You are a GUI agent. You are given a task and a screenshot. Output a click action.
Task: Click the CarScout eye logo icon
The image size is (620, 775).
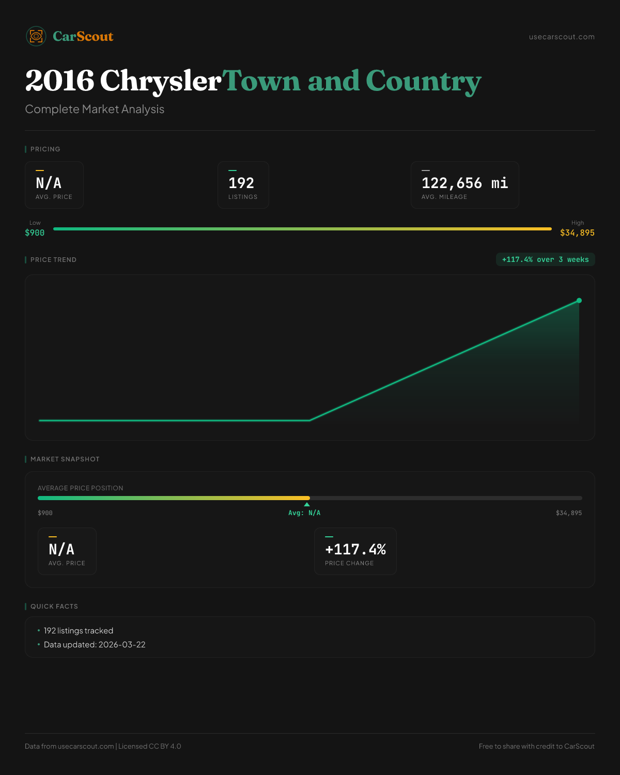36,36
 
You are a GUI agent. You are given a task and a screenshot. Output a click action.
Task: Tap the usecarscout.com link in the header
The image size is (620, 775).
562,37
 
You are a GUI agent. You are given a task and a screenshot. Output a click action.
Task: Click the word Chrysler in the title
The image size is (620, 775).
160,81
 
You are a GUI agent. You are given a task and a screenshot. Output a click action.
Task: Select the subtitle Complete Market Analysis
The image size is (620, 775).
95,109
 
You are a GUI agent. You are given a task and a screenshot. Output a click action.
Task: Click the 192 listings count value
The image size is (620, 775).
241,183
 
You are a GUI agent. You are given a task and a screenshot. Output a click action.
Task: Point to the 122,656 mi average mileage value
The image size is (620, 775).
464,183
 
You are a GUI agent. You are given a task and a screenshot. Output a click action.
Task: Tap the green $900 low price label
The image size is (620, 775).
35,233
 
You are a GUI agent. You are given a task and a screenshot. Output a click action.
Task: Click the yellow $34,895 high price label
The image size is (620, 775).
577,233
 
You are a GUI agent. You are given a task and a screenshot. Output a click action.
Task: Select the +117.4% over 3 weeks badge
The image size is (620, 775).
545,259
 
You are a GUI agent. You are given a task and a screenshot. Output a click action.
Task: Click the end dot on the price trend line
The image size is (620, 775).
579,300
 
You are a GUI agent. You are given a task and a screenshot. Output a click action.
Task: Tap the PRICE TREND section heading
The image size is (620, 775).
53,260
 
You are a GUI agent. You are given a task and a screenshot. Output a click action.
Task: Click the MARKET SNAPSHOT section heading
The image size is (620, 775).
65,459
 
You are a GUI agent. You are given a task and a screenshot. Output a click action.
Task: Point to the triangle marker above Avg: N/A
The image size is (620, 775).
307,504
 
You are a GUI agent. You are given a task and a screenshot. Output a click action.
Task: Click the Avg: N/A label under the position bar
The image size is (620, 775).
304,513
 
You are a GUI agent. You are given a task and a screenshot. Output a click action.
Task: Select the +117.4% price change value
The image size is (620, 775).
355,549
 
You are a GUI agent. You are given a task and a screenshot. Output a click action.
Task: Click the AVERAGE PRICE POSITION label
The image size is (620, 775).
81,488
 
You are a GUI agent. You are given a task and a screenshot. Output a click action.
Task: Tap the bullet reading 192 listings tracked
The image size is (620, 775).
79,631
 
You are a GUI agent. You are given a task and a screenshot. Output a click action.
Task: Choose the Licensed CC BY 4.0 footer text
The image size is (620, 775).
150,746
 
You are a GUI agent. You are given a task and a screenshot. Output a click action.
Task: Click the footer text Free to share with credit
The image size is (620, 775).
536,746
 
